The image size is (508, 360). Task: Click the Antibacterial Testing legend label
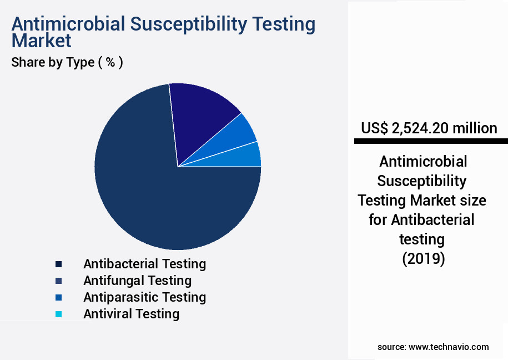click(144, 263)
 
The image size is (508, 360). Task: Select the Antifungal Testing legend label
click(137, 280)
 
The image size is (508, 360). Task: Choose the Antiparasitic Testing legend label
click(144, 297)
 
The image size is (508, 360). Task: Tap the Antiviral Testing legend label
click(131, 313)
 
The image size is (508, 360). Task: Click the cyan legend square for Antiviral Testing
click(58, 314)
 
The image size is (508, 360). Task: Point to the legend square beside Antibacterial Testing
click(58, 264)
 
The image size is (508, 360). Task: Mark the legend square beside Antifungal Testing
click(58, 281)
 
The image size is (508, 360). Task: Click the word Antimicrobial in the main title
click(75, 24)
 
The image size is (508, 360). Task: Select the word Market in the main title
click(41, 40)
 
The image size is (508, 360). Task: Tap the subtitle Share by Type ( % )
click(67, 62)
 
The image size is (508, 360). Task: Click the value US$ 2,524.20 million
click(429, 128)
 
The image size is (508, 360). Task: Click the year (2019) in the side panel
click(423, 259)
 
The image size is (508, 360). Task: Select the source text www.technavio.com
click(449, 347)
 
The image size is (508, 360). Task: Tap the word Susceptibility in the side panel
click(422, 181)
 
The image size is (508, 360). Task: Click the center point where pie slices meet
click(178, 167)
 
